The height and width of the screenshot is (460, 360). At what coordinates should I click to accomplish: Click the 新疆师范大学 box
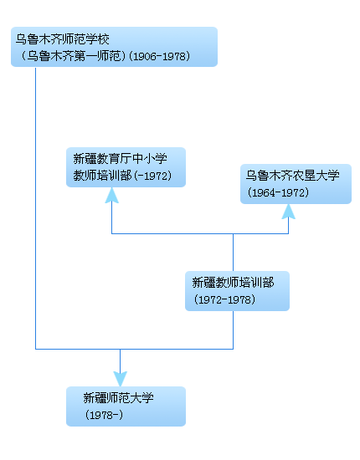[x=126, y=406]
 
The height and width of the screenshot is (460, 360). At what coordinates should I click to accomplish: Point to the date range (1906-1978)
[x=160, y=56]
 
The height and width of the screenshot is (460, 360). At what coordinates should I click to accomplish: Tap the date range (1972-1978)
[x=224, y=299]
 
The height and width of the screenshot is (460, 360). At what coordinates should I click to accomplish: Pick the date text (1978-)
[x=104, y=415]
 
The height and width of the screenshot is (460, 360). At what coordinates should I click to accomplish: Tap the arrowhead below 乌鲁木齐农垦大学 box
[x=288, y=211]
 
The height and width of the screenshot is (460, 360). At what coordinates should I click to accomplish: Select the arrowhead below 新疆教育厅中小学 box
[x=112, y=195]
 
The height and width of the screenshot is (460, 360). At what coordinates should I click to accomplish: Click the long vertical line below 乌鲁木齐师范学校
[x=36, y=209]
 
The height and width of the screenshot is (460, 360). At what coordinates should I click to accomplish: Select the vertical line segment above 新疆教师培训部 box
[x=233, y=251]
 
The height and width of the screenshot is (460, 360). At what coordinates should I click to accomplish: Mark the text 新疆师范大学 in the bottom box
[x=118, y=398]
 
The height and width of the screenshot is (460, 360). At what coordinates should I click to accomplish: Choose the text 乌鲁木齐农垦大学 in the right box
[x=291, y=176]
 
